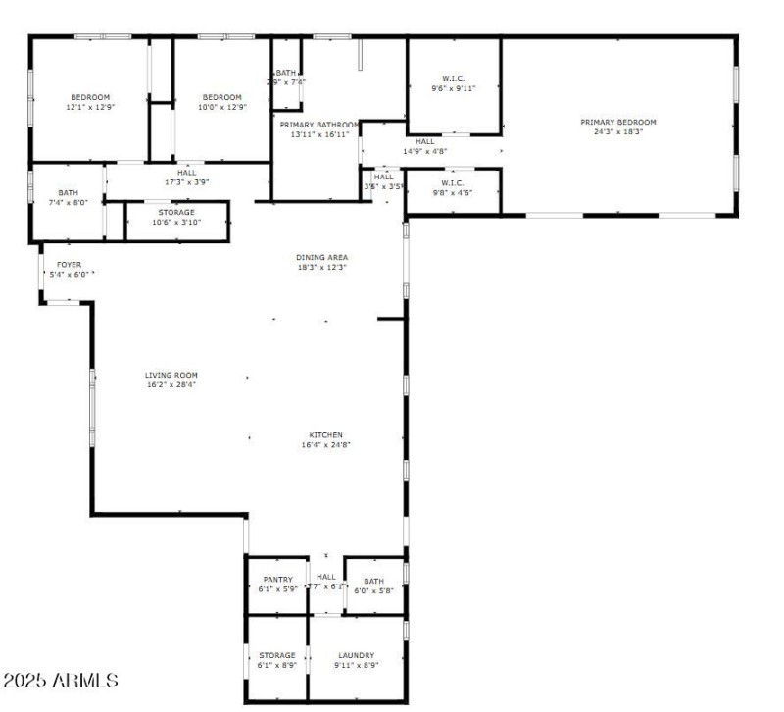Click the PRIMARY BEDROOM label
click(617, 123)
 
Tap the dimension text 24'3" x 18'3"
click(617, 132)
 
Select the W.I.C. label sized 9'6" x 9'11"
click(453, 78)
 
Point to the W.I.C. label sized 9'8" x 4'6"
click(452, 182)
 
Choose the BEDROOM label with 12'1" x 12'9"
click(89, 97)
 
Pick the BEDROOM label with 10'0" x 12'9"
click(221, 97)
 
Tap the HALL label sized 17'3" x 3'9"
click(186, 173)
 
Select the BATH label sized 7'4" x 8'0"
click(68, 193)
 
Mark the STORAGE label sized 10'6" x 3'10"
click(176, 212)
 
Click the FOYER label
click(69, 264)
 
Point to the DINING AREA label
click(322, 257)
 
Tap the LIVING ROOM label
click(171, 375)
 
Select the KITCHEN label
click(326, 435)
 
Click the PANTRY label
click(277, 580)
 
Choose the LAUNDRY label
click(356, 655)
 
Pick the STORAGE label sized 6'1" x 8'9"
click(277, 655)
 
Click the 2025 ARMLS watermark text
click(61, 680)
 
